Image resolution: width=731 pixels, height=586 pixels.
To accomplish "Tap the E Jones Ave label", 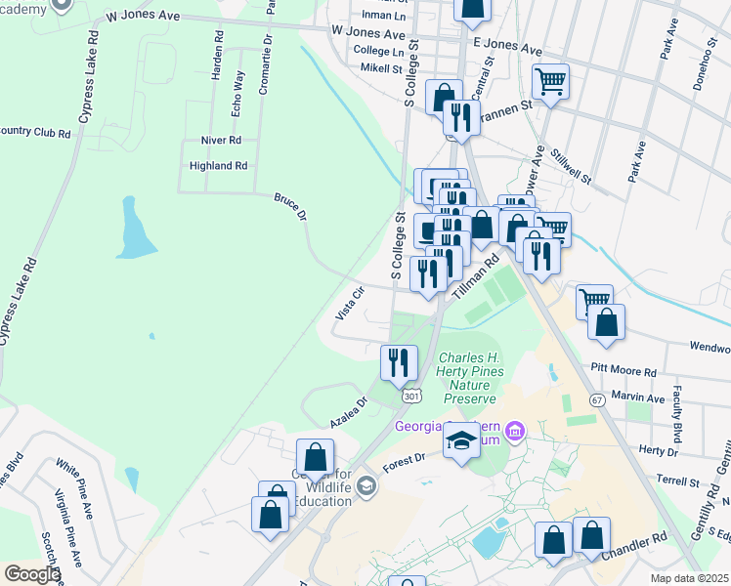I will tap(506, 46).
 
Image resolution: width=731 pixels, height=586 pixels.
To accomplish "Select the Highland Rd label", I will tap(218, 166).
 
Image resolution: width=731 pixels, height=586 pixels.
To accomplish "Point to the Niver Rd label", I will tap(220, 141).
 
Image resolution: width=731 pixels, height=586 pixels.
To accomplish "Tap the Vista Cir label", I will tap(350, 302).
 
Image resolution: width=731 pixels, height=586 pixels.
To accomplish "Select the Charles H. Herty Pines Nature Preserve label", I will tap(472, 378).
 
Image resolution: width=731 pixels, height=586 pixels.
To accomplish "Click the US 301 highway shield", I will tap(412, 396).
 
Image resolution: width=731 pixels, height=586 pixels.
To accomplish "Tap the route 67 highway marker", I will tap(597, 400).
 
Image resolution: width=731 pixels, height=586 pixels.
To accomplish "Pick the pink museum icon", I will tap(516, 430).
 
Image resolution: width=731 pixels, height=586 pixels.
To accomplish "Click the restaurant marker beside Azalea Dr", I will tap(399, 362).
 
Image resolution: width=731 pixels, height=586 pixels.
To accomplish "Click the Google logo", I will tap(31, 574).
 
